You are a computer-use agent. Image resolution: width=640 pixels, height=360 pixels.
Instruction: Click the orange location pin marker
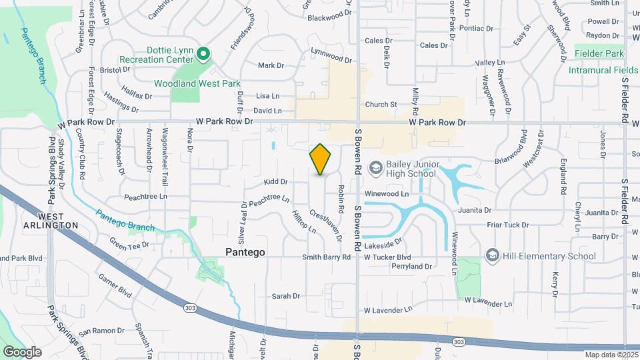(321, 160)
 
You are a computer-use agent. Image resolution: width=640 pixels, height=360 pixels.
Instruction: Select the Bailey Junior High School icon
(375, 167)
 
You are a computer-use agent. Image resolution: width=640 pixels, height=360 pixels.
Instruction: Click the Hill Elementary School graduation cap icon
(493, 255)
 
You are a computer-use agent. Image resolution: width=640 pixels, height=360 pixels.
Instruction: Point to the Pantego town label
(245, 253)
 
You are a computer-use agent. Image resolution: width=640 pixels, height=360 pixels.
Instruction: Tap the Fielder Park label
(599, 53)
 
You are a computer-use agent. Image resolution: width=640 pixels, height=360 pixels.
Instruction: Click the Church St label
(381, 105)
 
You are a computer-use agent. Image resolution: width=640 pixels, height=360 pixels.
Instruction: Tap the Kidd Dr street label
(275, 181)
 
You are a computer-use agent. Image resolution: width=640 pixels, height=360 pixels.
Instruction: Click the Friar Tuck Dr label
(508, 225)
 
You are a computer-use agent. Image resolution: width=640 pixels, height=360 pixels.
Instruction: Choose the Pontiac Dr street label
(475, 29)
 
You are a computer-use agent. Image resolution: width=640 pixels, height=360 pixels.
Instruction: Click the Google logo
(22, 351)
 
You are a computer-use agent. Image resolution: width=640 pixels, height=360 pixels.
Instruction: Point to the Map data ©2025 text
(611, 355)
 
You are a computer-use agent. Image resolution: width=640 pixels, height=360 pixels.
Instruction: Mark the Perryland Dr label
(412, 266)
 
